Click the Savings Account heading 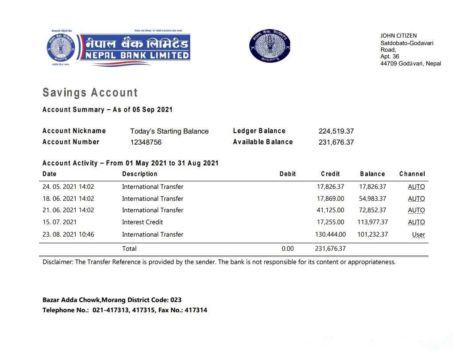(90, 92)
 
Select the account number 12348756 (146, 142)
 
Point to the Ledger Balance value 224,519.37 (336, 131)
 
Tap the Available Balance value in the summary (336, 142)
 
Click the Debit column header (288, 174)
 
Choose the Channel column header (412, 174)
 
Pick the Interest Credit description (143, 222)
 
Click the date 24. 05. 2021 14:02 (68, 187)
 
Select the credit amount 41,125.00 (330, 210)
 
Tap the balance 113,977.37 (372, 222)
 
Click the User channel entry (418, 235)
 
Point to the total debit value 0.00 (288, 249)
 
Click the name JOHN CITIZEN (398, 36)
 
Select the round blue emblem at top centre (269, 46)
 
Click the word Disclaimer (58, 262)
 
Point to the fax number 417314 (196, 310)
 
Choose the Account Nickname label (74, 131)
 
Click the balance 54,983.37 (372, 199)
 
